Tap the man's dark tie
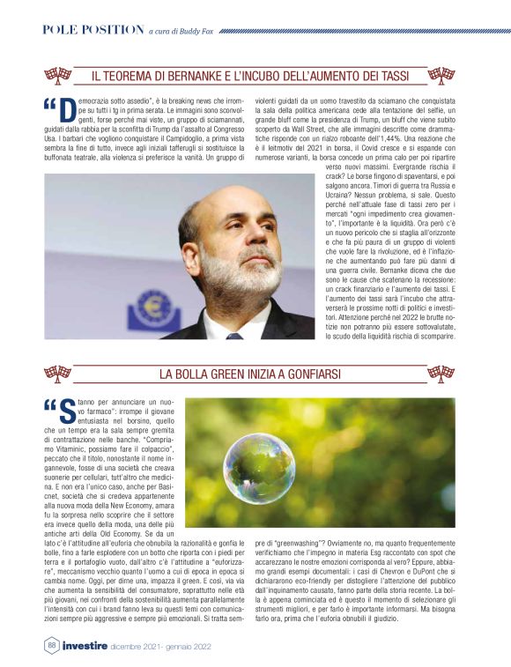point(233,335)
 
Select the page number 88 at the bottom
point(51,644)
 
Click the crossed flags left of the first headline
point(58,76)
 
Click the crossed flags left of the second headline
point(58,374)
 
